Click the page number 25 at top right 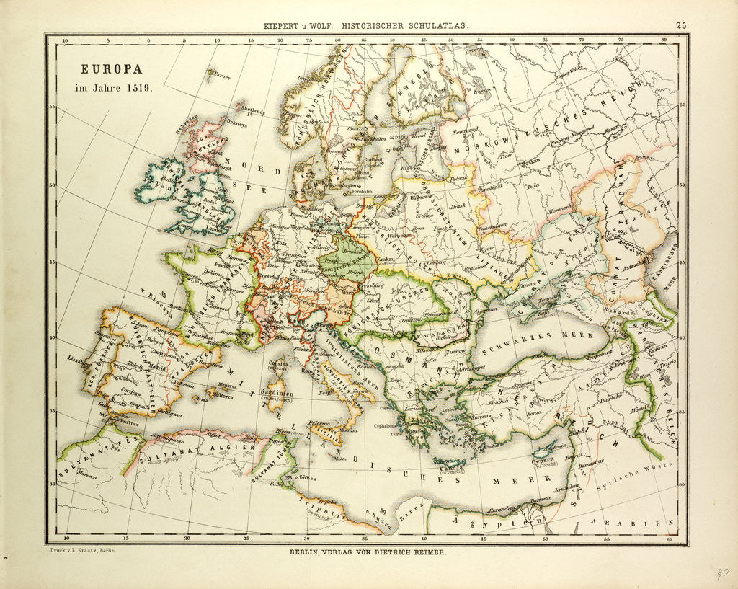click(x=682, y=25)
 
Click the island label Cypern click(x=542, y=459)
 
